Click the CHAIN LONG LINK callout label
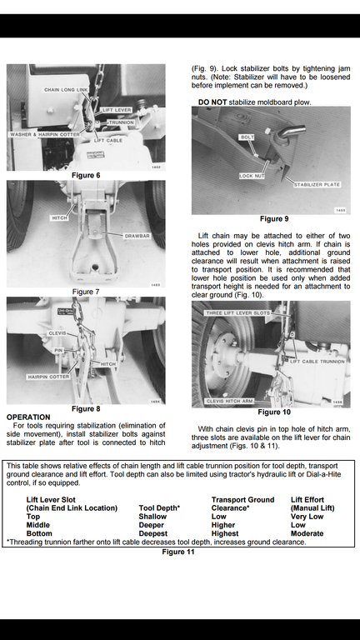(66, 90)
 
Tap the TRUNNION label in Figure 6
(121, 122)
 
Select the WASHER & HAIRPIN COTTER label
(45, 134)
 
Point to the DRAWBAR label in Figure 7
(137, 236)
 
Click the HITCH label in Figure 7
(59, 218)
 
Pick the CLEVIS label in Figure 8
(57, 333)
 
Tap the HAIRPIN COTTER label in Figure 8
(48, 377)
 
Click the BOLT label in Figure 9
(247, 137)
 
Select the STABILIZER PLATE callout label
(317, 184)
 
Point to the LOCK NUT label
(252, 176)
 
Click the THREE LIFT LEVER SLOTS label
(237, 313)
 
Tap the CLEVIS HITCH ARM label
(229, 401)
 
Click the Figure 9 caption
(274, 219)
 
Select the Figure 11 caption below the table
(178, 552)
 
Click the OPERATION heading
(28, 417)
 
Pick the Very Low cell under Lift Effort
(307, 517)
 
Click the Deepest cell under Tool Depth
(153, 533)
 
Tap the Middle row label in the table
(38, 525)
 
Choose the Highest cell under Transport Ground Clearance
(225, 533)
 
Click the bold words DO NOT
(212, 102)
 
